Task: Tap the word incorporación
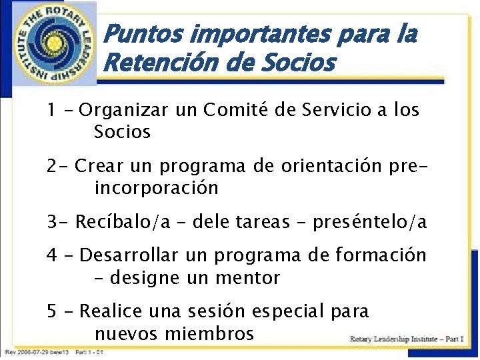point(157,188)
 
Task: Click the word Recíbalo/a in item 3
point(123,222)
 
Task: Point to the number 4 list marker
point(52,255)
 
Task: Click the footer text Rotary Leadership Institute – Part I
point(407,339)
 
